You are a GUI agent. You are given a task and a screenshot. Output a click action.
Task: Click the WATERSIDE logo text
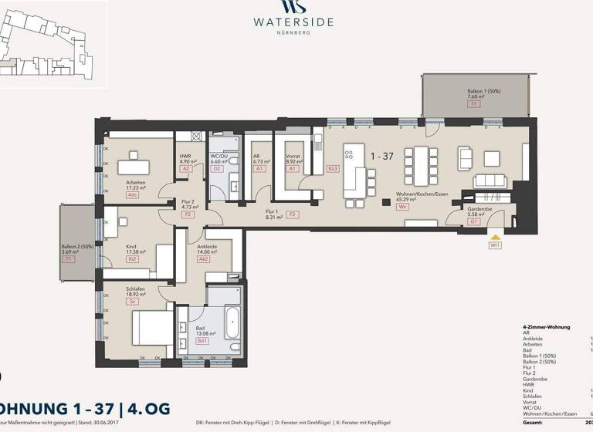coord(293,22)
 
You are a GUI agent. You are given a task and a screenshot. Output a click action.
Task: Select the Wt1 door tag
coord(495,245)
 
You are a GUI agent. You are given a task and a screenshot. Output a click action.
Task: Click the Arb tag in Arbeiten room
coord(133,195)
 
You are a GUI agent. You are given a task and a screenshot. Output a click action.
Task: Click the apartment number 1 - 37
coord(381,156)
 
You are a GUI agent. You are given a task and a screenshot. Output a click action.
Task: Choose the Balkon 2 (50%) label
coord(76,251)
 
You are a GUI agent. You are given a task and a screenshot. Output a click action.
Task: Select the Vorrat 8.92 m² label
coord(293,159)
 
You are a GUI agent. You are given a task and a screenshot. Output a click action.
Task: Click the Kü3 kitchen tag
coord(334,168)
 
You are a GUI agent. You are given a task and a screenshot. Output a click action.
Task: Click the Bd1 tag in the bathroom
coord(202,340)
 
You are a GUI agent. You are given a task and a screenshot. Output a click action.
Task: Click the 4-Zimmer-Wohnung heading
coord(547,327)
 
